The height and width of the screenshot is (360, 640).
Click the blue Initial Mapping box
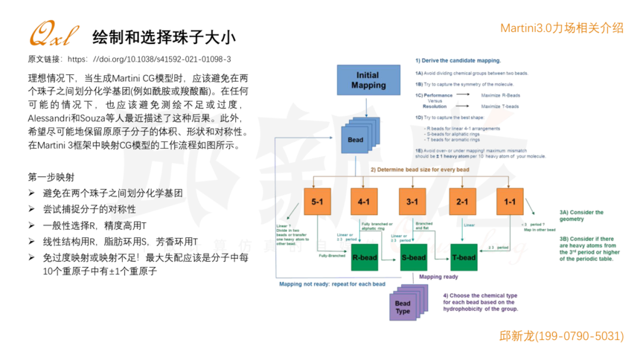click(367, 80)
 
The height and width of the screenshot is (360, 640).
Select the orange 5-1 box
click(317, 202)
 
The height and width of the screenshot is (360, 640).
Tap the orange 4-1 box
click(365, 202)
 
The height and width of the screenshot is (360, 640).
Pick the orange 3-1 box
click(413, 202)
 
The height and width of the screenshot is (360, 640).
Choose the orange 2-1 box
click(461, 202)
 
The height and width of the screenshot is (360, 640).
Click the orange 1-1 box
click(510, 202)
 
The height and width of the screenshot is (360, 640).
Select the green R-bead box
click(365, 258)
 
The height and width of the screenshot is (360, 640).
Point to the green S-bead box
click(414, 258)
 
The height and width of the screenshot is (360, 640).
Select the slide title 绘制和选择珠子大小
click(164, 36)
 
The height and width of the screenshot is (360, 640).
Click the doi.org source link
click(149, 59)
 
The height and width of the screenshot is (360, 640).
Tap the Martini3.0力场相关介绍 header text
click(561, 28)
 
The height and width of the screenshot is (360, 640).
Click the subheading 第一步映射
click(51, 177)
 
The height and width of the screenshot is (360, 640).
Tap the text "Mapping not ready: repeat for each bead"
click(332, 284)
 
